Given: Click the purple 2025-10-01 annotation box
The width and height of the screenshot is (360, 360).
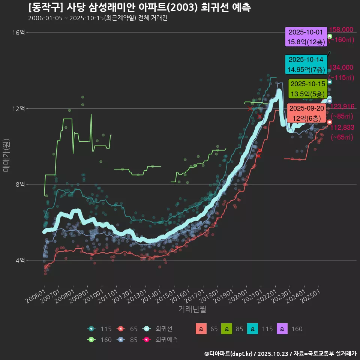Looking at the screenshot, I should click(x=306, y=37).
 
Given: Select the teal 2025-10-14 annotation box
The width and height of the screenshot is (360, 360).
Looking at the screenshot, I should click(x=306, y=64).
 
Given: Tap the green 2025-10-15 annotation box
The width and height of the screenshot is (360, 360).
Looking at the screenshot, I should click(x=307, y=88).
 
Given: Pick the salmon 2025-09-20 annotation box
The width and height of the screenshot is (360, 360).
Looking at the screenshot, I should click(x=307, y=113).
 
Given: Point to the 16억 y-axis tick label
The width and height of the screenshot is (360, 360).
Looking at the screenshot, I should click(x=18, y=33).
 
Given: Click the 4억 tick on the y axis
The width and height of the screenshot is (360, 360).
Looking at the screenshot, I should click(x=20, y=260).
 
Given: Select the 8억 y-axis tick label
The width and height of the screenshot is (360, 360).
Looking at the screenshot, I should click(x=20, y=184).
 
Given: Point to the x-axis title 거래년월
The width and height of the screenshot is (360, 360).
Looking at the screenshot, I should click(x=192, y=309).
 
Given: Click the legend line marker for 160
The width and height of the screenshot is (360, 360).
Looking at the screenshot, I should click(x=91, y=340).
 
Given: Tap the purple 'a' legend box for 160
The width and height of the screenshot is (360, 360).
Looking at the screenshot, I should click(x=282, y=329).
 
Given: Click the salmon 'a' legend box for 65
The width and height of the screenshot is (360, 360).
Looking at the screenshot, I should click(x=201, y=329).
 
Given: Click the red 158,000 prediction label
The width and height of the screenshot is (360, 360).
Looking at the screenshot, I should click(x=340, y=30).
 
